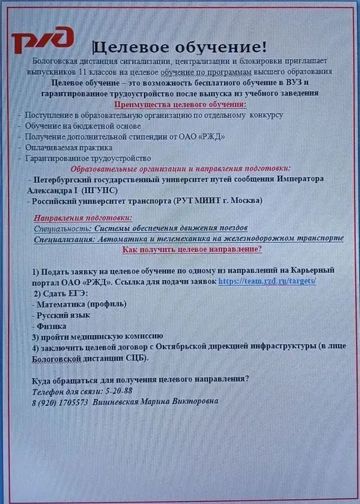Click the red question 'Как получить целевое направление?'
pos(192,248)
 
